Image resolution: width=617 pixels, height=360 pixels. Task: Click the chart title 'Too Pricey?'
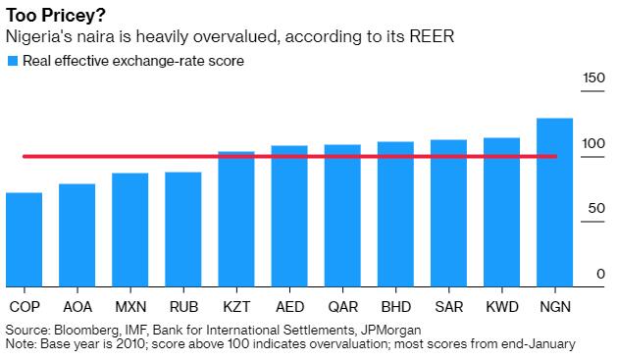[56, 16]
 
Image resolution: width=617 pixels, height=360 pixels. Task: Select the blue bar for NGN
[555, 202]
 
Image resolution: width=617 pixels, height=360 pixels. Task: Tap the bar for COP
[24, 239]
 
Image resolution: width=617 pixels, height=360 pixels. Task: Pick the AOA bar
[77, 235]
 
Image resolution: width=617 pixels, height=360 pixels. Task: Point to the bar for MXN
[130, 230]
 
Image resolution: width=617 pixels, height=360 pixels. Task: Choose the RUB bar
[183, 230]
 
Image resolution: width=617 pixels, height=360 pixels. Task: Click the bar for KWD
[501, 212]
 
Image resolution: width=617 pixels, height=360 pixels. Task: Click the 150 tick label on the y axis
[593, 77]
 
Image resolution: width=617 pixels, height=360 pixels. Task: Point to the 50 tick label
[596, 208]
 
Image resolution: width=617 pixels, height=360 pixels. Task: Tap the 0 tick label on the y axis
[600, 274]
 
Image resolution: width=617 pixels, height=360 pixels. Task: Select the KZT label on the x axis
[236, 307]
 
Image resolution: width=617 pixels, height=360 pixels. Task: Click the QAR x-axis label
[342, 307]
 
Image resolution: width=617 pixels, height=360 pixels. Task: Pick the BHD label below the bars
[396, 307]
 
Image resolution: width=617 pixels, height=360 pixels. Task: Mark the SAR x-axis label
[449, 307]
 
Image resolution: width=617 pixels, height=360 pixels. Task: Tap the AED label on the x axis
[289, 307]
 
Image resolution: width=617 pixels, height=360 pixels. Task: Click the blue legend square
[13, 61]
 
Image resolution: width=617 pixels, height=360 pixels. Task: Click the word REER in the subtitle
[432, 36]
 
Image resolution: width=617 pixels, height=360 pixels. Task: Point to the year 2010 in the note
[130, 344]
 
